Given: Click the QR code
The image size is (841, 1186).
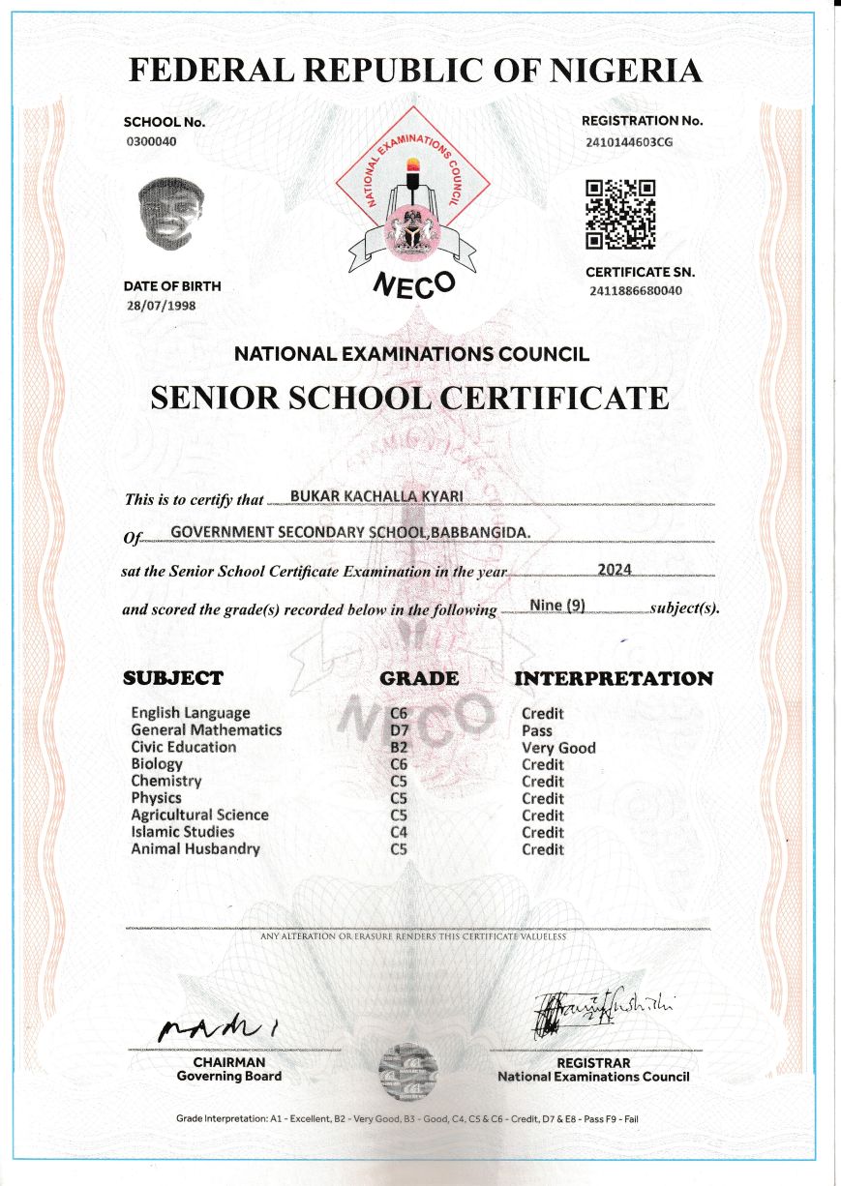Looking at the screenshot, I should [622, 214].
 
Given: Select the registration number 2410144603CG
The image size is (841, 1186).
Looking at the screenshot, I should [629, 141].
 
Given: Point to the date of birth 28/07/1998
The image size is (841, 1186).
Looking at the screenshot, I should [161, 306].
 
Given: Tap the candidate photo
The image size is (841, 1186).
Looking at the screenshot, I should [171, 214].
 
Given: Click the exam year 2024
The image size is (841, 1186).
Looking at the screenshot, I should [615, 569].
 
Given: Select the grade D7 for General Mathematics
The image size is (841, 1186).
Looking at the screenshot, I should [399, 730].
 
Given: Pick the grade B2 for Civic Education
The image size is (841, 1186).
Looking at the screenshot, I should [399, 748].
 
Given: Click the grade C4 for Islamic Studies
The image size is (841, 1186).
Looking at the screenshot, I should [399, 832].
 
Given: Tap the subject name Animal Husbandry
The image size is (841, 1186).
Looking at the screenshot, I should [195, 848].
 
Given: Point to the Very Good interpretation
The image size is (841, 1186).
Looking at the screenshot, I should [558, 748].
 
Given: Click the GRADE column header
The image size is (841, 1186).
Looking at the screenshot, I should [419, 678].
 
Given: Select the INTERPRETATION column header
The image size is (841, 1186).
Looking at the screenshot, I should [614, 678].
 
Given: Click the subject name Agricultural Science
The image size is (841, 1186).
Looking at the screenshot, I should [199, 815].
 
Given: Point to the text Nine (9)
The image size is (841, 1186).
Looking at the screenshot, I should [557, 606].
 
